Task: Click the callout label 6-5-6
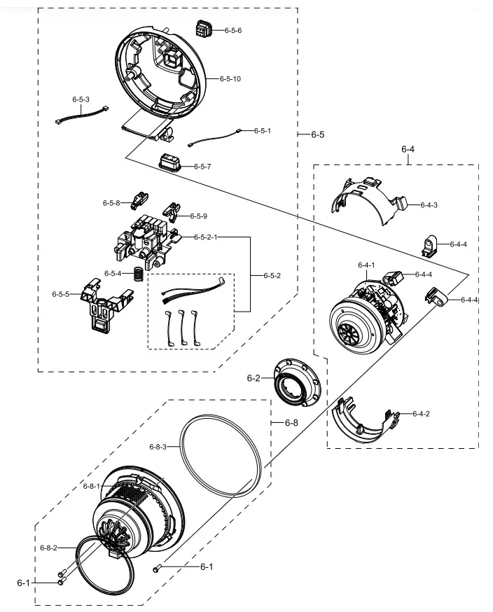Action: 232,32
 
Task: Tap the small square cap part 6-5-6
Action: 202,30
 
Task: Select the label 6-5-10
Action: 230,79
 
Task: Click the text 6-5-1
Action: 262,131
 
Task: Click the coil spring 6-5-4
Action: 139,275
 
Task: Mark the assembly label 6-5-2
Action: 270,275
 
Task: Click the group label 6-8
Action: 291,423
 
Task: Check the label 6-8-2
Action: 48,547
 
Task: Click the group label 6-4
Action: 408,149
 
